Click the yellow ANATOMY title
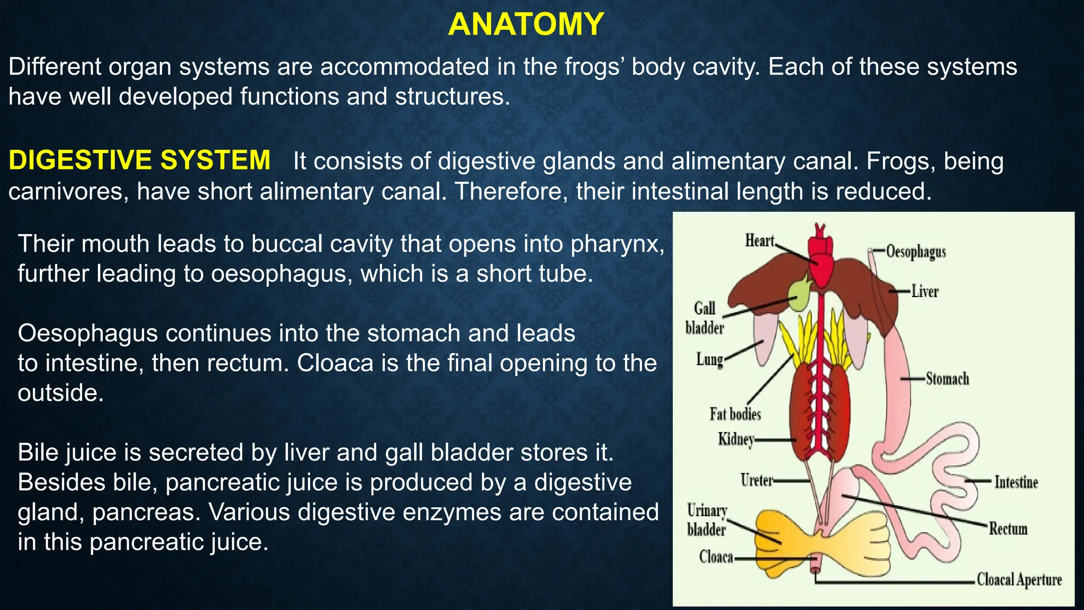tap(526, 24)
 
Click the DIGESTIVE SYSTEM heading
tap(139, 160)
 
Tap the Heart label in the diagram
tap(760, 241)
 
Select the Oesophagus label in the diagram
tap(916, 252)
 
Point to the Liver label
tap(925, 291)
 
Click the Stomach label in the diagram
tap(947, 379)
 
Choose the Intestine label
tap(1016, 482)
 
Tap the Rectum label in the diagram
tap(1008, 528)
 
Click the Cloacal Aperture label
tap(1019, 580)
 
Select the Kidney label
tap(736, 439)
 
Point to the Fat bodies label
tap(735, 414)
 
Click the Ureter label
tap(756, 480)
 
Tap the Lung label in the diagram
tap(709, 360)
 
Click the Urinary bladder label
tap(707, 520)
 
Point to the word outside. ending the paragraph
tap(60, 393)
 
